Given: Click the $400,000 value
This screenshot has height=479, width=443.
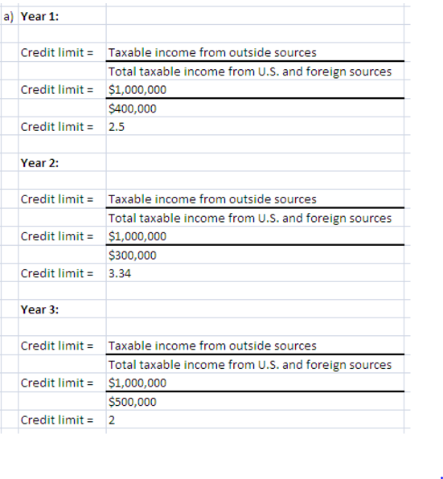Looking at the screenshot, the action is pyautogui.click(x=132, y=108).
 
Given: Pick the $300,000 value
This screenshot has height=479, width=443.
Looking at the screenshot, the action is pyautogui.click(x=132, y=255).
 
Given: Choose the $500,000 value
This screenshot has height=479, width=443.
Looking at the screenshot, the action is pyautogui.click(x=132, y=402).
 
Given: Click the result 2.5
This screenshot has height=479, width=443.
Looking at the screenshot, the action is pyautogui.click(x=116, y=126).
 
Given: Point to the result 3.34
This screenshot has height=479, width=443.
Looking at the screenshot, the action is pyautogui.click(x=119, y=273).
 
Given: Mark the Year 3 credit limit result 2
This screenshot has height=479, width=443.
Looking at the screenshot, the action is pyautogui.click(x=111, y=420).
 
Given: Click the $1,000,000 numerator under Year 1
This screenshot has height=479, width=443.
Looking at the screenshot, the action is pyautogui.click(x=137, y=90).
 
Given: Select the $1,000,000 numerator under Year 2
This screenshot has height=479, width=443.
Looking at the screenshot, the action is pyautogui.click(x=137, y=236).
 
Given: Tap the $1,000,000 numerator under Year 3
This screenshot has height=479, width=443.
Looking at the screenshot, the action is pyautogui.click(x=137, y=383).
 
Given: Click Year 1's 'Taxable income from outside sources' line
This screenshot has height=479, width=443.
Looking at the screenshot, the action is pyautogui.click(x=211, y=53).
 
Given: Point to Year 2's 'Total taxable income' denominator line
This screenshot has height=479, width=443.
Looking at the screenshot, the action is pyautogui.click(x=249, y=218).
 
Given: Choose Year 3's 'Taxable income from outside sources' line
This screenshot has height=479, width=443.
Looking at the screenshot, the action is pyautogui.click(x=211, y=346).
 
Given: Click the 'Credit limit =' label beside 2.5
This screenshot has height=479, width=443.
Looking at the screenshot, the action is pyautogui.click(x=56, y=126).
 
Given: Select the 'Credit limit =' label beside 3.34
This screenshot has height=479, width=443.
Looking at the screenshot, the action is pyautogui.click(x=56, y=273).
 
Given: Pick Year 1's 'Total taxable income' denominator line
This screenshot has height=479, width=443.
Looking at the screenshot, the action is pyautogui.click(x=249, y=72).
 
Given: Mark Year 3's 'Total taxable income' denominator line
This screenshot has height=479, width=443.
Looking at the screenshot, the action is pyautogui.click(x=249, y=365).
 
